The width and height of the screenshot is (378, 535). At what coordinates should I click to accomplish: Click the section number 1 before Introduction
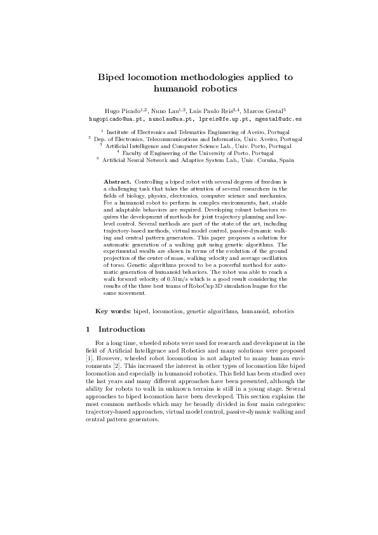pos(87,330)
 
